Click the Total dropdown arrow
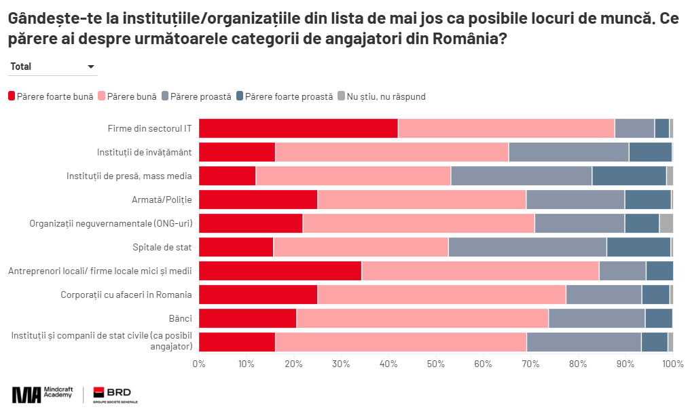91,66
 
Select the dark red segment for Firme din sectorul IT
298,128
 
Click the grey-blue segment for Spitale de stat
527,247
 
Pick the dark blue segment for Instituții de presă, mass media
629,176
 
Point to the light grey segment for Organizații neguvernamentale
666,223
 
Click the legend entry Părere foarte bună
51,96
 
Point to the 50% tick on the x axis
436,364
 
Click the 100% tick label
672,364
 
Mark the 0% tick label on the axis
199,364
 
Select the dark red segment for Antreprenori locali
280,271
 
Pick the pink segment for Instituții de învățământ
392,152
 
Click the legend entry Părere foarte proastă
285,96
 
